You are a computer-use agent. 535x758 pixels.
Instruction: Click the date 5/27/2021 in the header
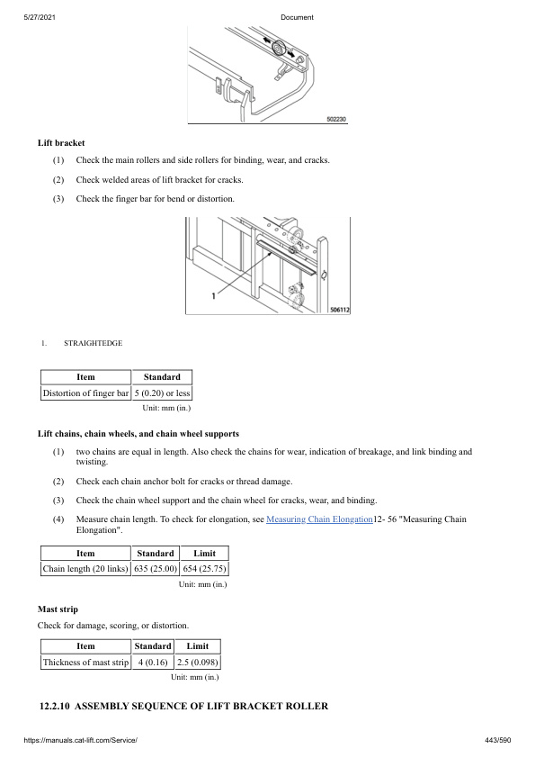[39, 18]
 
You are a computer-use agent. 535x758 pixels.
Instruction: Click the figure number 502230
[334, 119]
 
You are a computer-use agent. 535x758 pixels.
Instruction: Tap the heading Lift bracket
[61, 142]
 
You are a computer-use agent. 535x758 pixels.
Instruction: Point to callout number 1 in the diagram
[212, 294]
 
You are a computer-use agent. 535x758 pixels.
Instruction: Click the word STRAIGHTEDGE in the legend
[93, 343]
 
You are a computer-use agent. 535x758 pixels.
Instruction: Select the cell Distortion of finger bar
[85, 393]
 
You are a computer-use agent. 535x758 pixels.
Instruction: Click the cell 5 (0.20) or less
[162, 393]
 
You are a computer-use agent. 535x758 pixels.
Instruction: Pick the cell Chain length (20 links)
[85, 568]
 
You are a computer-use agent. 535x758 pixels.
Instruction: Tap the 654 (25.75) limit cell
[205, 568]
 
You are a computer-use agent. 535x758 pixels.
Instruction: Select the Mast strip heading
[58, 609]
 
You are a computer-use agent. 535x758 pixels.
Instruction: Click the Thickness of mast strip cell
[85, 662]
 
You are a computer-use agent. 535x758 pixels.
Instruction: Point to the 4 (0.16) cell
[153, 662]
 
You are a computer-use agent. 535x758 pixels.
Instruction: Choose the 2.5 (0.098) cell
[198, 662]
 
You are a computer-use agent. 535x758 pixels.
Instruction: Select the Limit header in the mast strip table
[198, 645]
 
